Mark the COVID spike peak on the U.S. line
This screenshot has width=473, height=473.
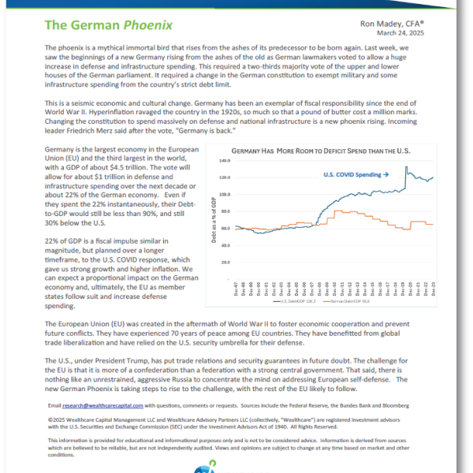(405, 167)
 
